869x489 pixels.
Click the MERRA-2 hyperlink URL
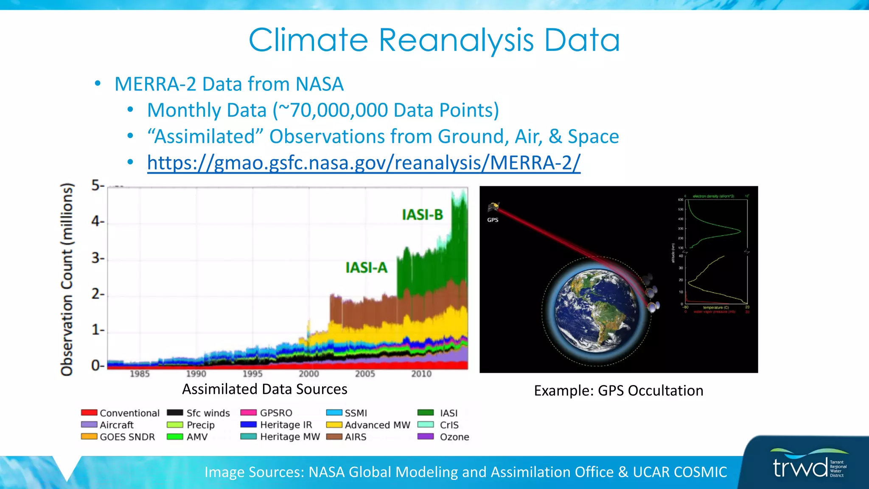[364, 163]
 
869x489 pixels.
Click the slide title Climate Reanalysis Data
[434, 40]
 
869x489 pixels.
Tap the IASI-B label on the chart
[422, 215]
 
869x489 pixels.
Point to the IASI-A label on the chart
[366, 268]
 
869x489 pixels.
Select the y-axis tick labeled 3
[97, 258]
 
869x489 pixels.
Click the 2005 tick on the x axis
[365, 374]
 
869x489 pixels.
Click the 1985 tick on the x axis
[140, 374]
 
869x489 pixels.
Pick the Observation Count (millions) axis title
[67, 279]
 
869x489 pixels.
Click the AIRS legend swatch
[334, 437]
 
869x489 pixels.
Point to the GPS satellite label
[493, 220]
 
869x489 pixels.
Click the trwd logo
[800, 467]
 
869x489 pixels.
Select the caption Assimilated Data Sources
[265, 389]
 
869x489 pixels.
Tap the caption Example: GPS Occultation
[618, 391]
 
